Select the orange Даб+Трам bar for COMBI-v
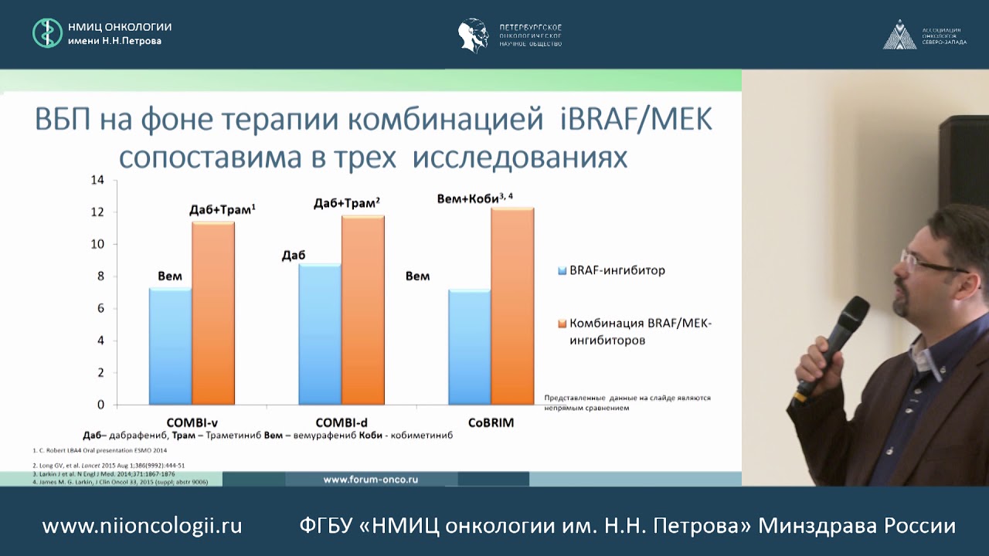(213, 313)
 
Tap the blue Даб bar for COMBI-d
(320, 334)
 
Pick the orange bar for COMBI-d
(363, 309)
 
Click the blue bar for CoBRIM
(470, 347)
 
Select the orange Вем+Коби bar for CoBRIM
(513, 306)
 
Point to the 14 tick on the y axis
(97, 180)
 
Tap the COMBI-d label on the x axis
(342, 422)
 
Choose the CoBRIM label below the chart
(491, 422)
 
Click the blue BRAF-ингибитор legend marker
(562, 271)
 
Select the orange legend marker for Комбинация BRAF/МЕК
(562, 324)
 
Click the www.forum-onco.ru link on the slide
(371, 479)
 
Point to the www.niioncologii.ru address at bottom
(142, 527)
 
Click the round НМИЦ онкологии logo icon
(47, 33)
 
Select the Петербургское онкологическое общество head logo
(473, 35)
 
